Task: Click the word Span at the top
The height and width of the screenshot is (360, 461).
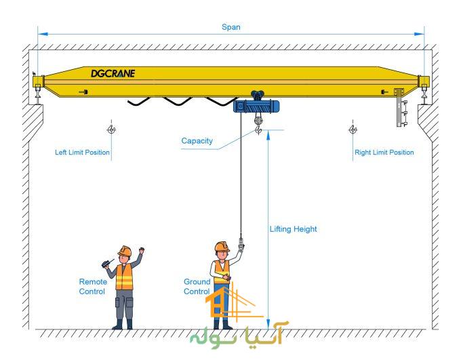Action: point(230,28)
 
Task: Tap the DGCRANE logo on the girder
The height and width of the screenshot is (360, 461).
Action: point(113,73)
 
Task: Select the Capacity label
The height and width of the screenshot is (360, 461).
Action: point(197,141)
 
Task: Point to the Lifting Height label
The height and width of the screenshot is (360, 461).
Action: point(293,229)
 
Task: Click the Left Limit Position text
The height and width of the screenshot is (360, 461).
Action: point(82,153)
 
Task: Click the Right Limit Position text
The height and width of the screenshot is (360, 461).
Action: point(384,153)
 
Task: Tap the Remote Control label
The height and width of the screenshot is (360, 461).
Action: point(92,286)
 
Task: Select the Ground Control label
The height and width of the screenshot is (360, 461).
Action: point(197,286)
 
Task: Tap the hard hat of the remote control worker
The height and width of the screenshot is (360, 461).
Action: point(124,252)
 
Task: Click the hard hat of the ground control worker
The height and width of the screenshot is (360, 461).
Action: point(222,247)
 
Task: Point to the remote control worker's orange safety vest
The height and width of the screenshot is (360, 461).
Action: point(124,277)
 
